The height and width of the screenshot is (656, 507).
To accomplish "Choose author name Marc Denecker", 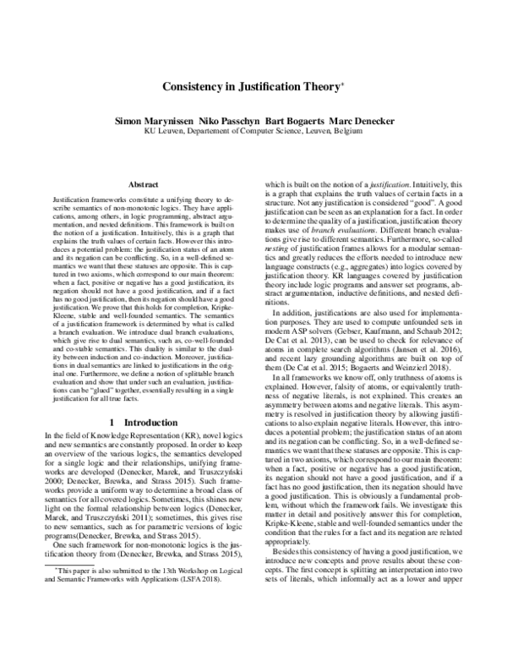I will tap(368, 120).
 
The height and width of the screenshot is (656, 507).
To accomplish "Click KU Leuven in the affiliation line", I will tap(161, 131).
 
